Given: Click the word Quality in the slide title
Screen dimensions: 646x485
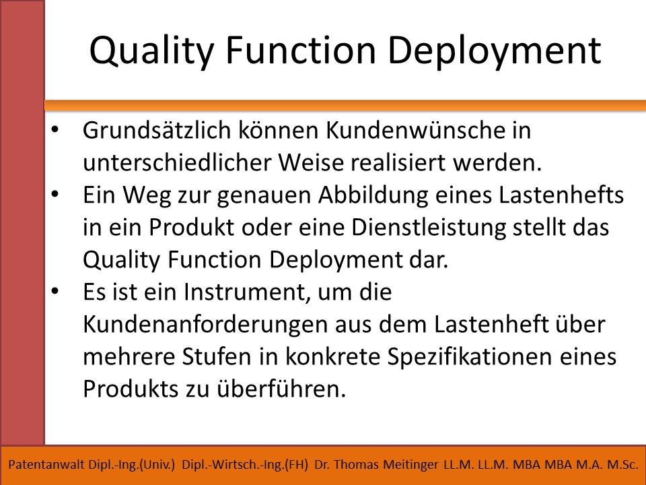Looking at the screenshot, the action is point(151,51).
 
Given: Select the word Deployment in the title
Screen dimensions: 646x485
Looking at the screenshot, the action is point(495,51).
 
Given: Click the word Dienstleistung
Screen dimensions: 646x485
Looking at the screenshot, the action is point(429,228).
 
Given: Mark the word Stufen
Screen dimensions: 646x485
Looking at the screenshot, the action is point(217,356).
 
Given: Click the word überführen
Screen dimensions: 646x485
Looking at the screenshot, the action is point(281,389).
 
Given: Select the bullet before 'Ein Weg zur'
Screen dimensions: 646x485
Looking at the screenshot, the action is point(55,194).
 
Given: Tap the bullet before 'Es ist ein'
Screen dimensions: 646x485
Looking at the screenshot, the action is point(55,291).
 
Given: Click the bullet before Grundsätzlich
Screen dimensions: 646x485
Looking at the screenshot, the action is point(55,129).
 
